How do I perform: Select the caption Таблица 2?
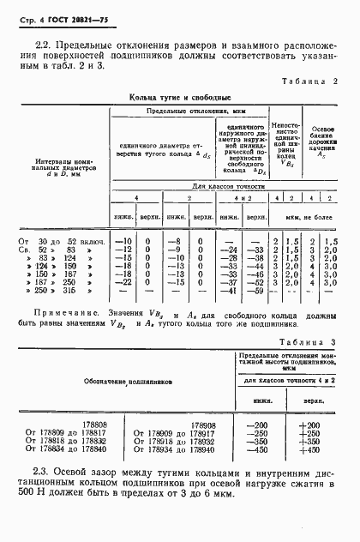click(309, 81)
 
